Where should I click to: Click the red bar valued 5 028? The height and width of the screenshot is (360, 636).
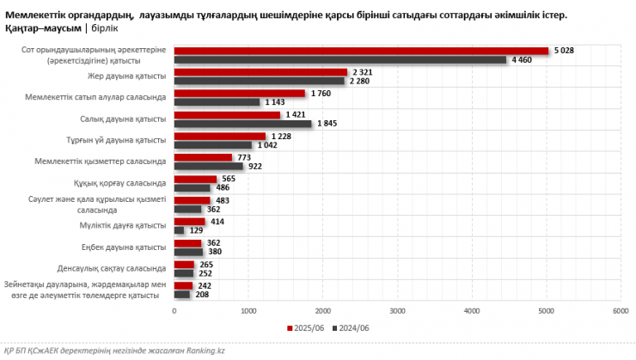361,51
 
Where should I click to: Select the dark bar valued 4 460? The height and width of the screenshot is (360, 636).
340,60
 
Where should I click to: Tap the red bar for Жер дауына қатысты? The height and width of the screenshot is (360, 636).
260,72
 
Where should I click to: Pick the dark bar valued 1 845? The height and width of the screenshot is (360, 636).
242,124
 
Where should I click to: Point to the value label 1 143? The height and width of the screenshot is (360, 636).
276,102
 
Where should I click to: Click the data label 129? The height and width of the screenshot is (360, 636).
196,231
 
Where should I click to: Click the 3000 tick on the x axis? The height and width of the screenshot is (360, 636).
397,311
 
